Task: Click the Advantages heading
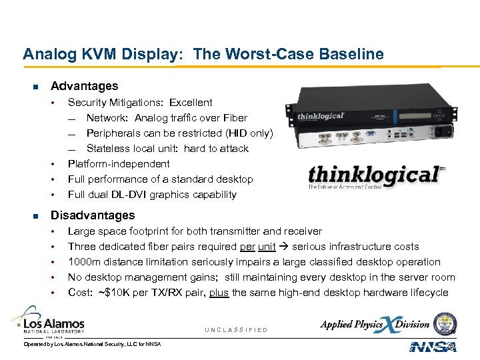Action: pos(84,86)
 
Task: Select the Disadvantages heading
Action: pos(93,215)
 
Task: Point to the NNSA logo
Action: pos(433,346)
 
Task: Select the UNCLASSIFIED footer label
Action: pos(236,330)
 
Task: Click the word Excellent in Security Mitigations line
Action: pos(191,103)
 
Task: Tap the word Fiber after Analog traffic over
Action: pos(235,118)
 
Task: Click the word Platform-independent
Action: pos(119,164)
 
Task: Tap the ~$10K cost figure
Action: pos(111,293)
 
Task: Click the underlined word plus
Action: pos(219,293)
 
